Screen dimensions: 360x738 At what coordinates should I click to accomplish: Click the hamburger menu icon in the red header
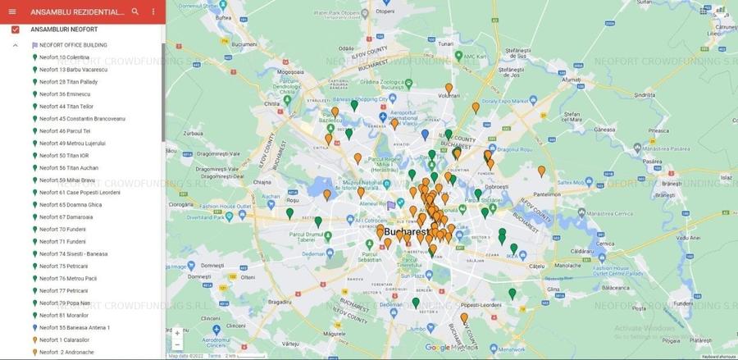(11, 12)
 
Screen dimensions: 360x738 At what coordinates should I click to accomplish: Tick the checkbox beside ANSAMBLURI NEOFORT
(15, 30)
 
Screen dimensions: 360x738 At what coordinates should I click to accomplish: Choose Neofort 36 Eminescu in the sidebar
(65, 94)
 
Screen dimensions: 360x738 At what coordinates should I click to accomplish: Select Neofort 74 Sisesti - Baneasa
(73, 254)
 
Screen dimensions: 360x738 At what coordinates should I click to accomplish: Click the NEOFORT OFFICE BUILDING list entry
(73, 45)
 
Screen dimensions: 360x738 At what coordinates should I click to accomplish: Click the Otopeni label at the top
(385, 11)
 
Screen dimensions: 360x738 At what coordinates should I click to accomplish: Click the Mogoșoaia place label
(290, 72)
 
